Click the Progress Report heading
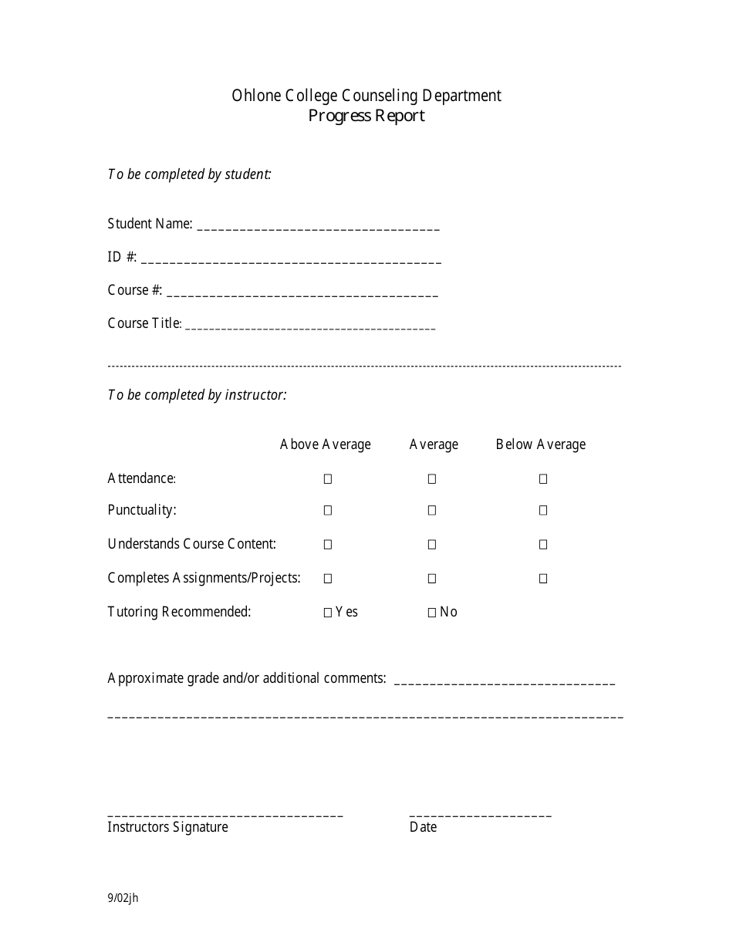(366, 116)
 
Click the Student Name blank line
(319, 228)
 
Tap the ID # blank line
(291, 262)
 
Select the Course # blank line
(302, 295)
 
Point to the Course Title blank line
(311, 328)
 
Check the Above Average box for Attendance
(328, 479)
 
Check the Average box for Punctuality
(432, 510)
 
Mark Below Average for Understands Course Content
(543, 545)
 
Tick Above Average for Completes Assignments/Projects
(328, 579)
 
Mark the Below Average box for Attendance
(543, 479)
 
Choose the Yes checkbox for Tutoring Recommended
(328, 613)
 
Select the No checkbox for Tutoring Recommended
(432, 613)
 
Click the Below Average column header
(541, 444)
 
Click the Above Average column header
(325, 444)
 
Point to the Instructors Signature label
(167, 827)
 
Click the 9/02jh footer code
(123, 897)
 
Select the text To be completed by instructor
(197, 395)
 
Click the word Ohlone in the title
(252, 96)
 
